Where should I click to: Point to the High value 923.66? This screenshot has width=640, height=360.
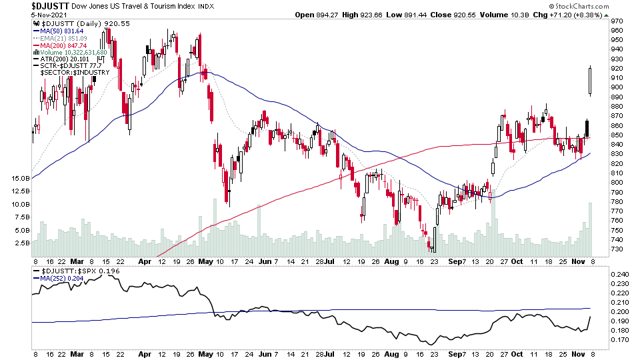(381, 15)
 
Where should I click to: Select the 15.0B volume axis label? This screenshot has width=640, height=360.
(19, 179)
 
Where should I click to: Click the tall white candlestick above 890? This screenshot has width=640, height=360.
(591, 81)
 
